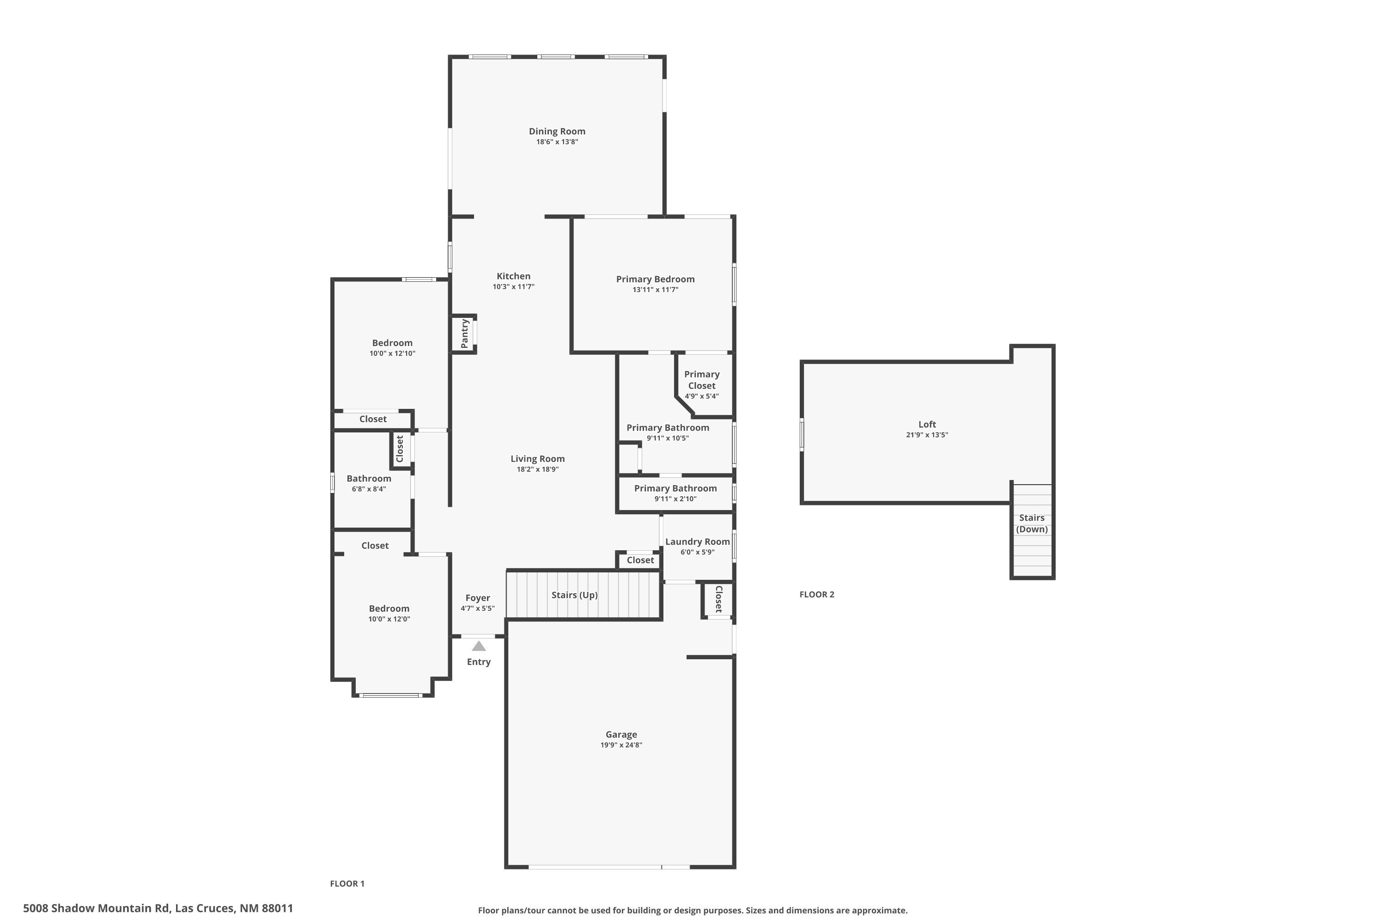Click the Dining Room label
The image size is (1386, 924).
[x=557, y=131]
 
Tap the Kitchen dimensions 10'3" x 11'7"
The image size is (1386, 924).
[x=513, y=287]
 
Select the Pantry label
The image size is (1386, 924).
[x=464, y=334]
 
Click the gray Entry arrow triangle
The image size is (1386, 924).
[x=479, y=646]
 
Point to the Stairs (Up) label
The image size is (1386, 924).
[x=574, y=595]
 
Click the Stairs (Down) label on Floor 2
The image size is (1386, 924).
[x=1032, y=523]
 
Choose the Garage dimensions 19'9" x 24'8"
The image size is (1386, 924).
[x=621, y=745]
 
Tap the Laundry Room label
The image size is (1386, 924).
[x=697, y=541]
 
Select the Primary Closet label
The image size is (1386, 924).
[x=701, y=380]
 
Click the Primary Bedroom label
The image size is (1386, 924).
[x=655, y=280]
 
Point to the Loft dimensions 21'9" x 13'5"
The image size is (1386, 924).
[x=927, y=435]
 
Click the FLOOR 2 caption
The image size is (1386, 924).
[x=817, y=595]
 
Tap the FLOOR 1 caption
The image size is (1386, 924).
[x=347, y=883]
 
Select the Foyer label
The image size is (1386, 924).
[x=477, y=598]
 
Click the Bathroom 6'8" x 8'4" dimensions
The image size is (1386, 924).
[x=369, y=489]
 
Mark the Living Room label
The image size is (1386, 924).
[x=537, y=459]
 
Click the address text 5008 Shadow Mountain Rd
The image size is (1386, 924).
[x=97, y=908]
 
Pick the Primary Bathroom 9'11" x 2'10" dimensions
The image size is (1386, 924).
[x=675, y=499]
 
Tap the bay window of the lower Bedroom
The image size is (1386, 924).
[x=391, y=695]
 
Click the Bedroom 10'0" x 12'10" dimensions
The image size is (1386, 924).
[x=392, y=353]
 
